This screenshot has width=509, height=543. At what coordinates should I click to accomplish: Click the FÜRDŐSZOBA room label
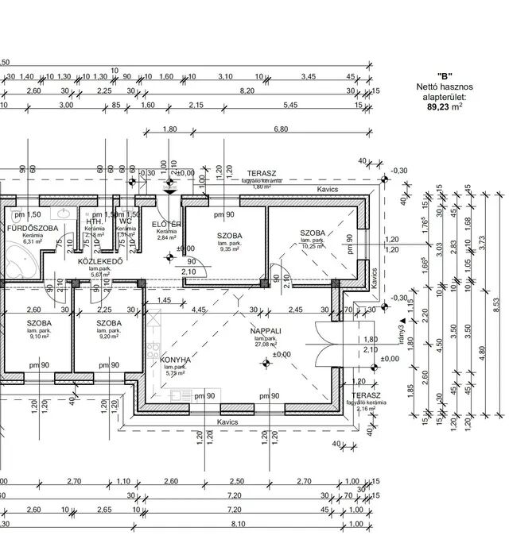coord(32,229)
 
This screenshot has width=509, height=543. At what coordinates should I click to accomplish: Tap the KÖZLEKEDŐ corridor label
coord(99,261)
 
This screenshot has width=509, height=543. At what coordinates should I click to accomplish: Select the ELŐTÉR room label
coord(167,225)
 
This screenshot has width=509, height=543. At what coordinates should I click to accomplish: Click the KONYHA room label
coord(175,359)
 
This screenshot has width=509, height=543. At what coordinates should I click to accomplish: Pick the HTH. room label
coord(94,221)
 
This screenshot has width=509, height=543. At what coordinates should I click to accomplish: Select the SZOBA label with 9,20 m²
coord(109,324)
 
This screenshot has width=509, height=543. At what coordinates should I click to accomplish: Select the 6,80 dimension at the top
coord(281,129)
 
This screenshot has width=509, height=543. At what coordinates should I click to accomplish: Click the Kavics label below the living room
coord(227,422)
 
